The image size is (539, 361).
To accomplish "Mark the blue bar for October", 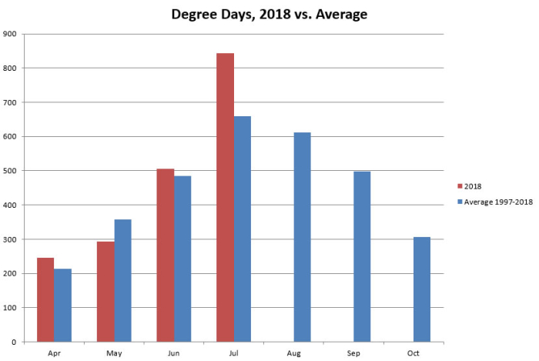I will [x=422, y=289].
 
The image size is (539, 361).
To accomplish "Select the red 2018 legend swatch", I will [x=460, y=186].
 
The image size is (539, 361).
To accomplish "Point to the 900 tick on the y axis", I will [x=11, y=34].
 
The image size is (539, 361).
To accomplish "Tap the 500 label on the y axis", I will [x=11, y=171].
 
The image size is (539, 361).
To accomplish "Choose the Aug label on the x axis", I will [x=293, y=353].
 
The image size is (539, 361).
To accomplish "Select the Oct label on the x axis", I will [x=413, y=353].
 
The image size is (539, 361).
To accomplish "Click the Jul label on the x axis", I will [x=234, y=353].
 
